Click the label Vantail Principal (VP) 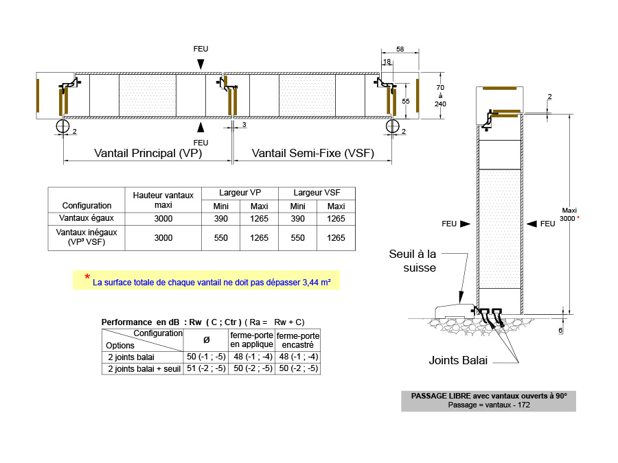pyautogui.click(x=148, y=153)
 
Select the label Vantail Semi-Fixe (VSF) pyautogui.click(x=313, y=153)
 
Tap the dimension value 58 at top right pyautogui.click(x=400, y=49)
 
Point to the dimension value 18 pyautogui.click(x=387, y=62)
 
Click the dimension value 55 pyautogui.click(x=406, y=102)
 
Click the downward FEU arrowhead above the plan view pyautogui.click(x=201, y=64)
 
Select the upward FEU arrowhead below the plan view pyautogui.click(x=201, y=127)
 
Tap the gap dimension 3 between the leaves pyautogui.click(x=244, y=124)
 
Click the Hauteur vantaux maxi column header pyautogui.click(x=163, y=200)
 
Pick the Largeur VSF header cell pyautogui.click(x=317, y=193)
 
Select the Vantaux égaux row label pyautogui.click(x=87, y=218)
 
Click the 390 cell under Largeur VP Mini pyautogui.click(x=220, y=219)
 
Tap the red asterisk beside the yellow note pyautogui.click(x=87, y=277)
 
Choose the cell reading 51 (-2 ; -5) pyautogui.click(x=206, y=368)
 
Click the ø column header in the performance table pyautogui.click(x=206, y=340)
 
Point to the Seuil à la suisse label pyautogui.click(x=413, y=261)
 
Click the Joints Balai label pyautogui.click(x=458, y=360)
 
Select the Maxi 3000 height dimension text pyautogui.click(x=569, y=215)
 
